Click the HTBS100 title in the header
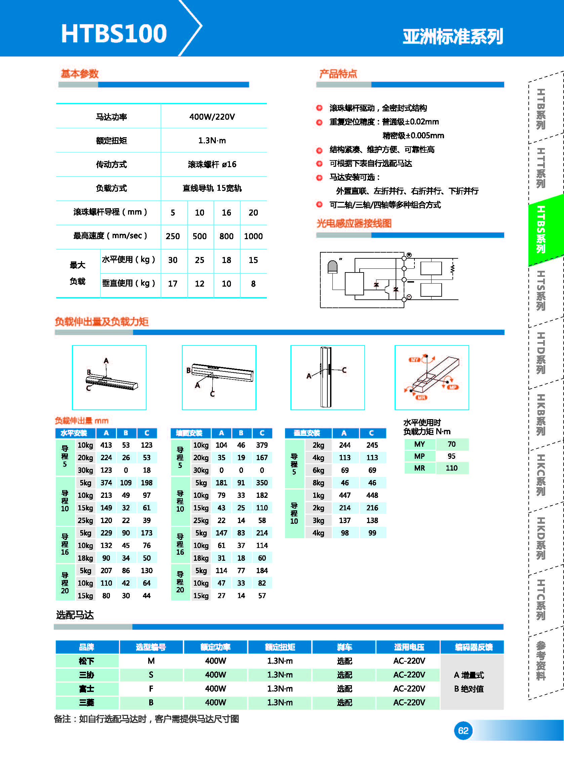click(x=114, y=34)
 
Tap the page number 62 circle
click(x=462, y=730)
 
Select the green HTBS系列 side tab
click(x=541, y=229)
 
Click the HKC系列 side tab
click(x=541, y=475)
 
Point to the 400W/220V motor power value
click(x=212, y=117)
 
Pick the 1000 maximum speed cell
click(x=253, y=236)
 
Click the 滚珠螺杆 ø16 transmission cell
click(x=212, y=164)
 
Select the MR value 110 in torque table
click(x=451, y=468)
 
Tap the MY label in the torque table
click(x=419, y=444)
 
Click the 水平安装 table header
click(x=74, y=433)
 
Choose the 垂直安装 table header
click(x=307, y=433)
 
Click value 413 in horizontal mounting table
click(x=106, y=445)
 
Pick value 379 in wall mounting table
click(x=262, y=445)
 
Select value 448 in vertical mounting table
click(x=372, y=495)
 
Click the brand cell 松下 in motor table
click(x=86, y=661)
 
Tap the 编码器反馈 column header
click(x=473, y=647)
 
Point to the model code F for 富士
click(x=151, y=689)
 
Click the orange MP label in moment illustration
click(x=453, y=387)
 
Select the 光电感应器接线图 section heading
click(x=354, y=223)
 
